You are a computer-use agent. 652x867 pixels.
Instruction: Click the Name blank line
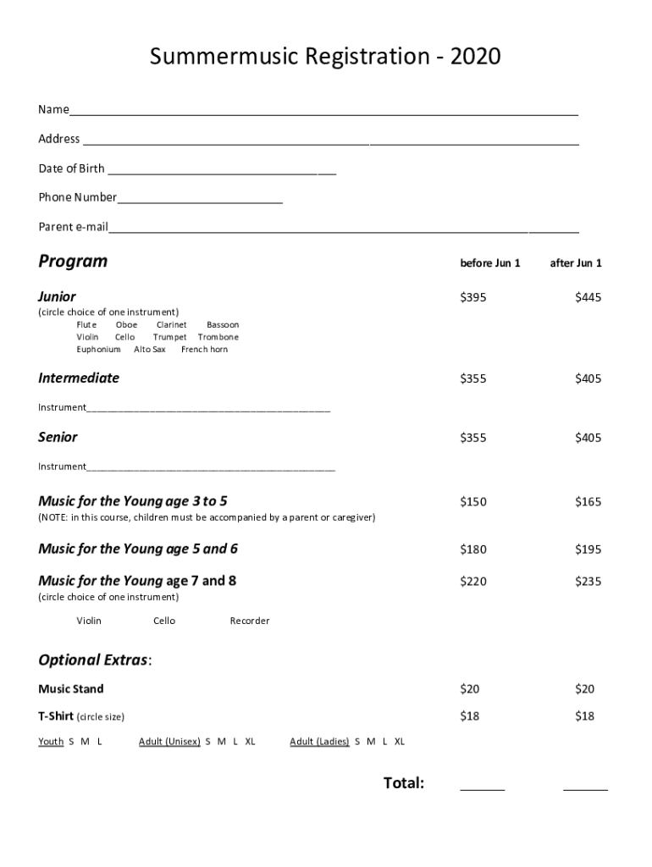pyautogui.click(x=324, y=112)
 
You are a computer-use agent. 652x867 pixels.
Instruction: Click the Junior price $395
pyautogui.click(x=473, y=297)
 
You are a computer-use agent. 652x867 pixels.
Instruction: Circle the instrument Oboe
pyautogui.click(x=126, y=325)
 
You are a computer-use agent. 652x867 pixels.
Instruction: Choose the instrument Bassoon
pyautogui.click(x=223, y=325)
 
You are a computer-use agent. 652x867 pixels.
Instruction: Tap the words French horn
pyautogui.click(x=204, y=350)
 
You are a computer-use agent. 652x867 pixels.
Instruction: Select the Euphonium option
pyautogui.click(x=98, y=350)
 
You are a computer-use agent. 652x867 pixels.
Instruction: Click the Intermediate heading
pyautogui.click(x=79, y=378)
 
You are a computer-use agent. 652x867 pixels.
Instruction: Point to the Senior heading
pyautogui.click(x=58, y=438)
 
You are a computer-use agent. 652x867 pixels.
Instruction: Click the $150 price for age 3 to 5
pyautogui.click(x=473, y=502)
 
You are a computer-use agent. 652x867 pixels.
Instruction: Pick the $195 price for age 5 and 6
pyautogui.click(x=588, y=549)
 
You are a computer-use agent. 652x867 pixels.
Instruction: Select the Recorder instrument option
pyautogui.click(x=250, y=621)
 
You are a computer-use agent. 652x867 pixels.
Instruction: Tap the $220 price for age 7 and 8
pyautogui.click(x=473, y=582)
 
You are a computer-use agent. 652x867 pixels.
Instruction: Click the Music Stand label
pyautogui.click(x=71, y=689)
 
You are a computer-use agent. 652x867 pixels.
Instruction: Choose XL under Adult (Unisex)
pyautogui.click(x=250, y=742)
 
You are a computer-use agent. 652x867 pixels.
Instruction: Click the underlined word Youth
pyautogui.click(x=51, y=742)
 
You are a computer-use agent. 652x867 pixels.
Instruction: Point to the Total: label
pyautogui.click(x=404, y=783)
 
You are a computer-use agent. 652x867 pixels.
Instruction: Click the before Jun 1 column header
pyautogui.click(x=490, y=263)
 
